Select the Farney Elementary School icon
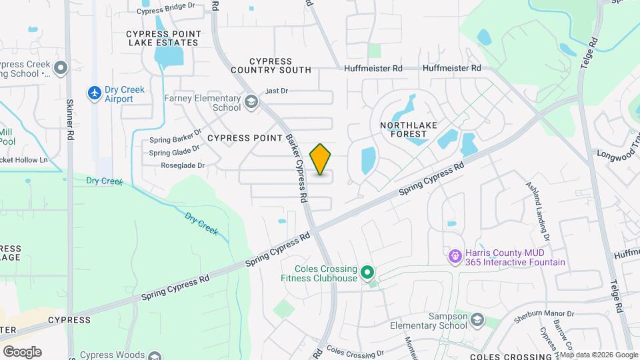pos(251,102)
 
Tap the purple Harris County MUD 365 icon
pos(455,255)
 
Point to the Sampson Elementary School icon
pos(477,321)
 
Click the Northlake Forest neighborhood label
pos(403,129)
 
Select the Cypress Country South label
pos(271,65)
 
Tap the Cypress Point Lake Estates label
pos(163,37)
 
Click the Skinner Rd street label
pos(69,121)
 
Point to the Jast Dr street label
pos(276,91)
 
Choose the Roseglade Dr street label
pos(182,165)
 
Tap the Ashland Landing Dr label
pos(537,211)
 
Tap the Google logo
pos(22,352)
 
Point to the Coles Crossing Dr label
pos(355,351)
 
